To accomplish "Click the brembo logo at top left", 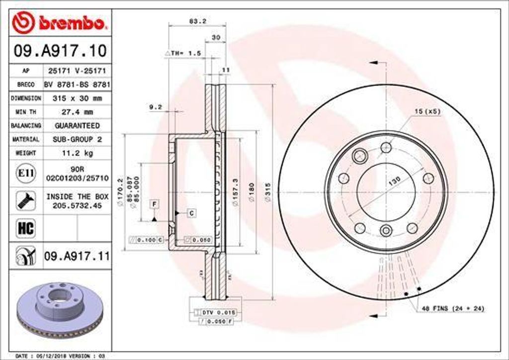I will [x=60, y=22].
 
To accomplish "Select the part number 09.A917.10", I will [x=60, y=50].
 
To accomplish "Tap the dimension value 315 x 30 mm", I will [x=77, y=98].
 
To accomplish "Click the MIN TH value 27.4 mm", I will [x=77, y=112].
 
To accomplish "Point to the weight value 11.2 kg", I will [x=77, y=153].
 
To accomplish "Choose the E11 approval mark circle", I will [x=25, y=173].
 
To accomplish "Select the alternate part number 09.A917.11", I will [x=77, y=257].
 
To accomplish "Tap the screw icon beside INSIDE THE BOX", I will [x=25, y=200].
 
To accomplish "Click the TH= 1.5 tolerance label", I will [x=182, y=53].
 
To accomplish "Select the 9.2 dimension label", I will [x=155, y=106].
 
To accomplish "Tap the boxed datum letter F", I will [x=155, y=204].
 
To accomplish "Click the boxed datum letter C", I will [x=191, y=213].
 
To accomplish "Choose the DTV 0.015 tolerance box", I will [x=218, y=312].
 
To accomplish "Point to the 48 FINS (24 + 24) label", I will [x=453, y=309].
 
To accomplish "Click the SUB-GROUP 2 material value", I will [x=77, y=140].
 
